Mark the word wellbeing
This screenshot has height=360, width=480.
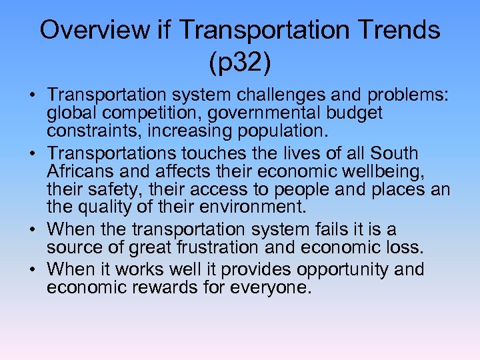point(380,171)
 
